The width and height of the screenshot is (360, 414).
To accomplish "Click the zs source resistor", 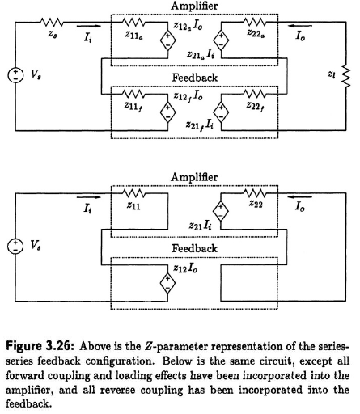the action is (52, 23).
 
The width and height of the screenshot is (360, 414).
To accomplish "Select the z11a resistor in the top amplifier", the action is (133, 23).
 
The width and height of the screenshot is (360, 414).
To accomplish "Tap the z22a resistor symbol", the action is (255, 22).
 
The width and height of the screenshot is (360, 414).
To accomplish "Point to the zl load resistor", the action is (346, 77).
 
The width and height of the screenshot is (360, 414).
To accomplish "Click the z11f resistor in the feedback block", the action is (133, 94).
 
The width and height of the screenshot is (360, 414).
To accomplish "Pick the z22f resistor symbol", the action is (255, 94).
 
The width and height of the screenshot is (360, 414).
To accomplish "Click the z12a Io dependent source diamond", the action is (167, 40).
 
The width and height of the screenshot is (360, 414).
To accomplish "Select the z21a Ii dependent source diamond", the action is (221, 40).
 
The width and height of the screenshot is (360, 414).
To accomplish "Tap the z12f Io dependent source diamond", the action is (167, 112).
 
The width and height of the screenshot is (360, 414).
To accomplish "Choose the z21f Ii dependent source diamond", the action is (221, 112).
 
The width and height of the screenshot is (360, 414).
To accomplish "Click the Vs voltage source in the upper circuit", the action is (15, 75).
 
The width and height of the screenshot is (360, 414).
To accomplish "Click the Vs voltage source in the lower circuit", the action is (15, 246).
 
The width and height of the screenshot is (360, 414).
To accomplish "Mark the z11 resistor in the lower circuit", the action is (133, 193).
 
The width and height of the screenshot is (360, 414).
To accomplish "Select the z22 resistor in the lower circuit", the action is (255, 193).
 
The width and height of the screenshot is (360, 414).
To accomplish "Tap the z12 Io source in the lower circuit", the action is (167, 283).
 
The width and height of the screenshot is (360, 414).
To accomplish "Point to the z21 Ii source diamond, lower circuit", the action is (221, 211).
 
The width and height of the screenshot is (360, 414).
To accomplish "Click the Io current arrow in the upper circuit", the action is (300, 26).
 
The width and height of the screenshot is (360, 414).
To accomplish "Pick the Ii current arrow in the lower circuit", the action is (89, 197).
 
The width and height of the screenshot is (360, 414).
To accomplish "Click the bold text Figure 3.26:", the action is (40, 346).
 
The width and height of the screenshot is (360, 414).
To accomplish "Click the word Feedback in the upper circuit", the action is (195, 78).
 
